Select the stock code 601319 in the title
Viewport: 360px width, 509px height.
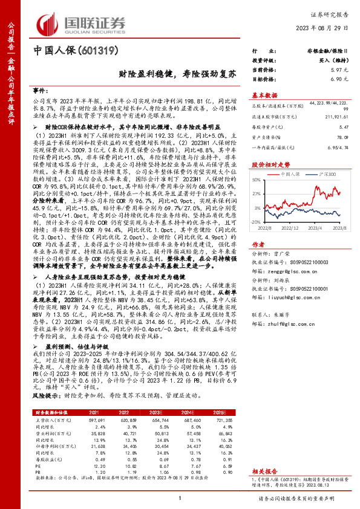[94, 51]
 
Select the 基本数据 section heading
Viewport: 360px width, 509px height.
[264, 95]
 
